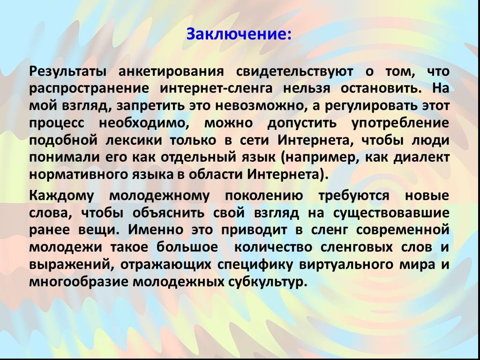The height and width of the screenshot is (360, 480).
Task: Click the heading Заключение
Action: tap(239, 34)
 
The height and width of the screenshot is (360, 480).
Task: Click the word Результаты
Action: tap(68, 72)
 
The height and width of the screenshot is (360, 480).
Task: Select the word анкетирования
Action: tap(171, 72)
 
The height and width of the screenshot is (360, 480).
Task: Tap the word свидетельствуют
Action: tap(294, 72)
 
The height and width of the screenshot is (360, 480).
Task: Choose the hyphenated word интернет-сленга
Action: tap(216, 89)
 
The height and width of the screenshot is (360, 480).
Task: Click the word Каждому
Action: tap(61, 195)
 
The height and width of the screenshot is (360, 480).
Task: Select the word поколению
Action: tap(264, 195)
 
